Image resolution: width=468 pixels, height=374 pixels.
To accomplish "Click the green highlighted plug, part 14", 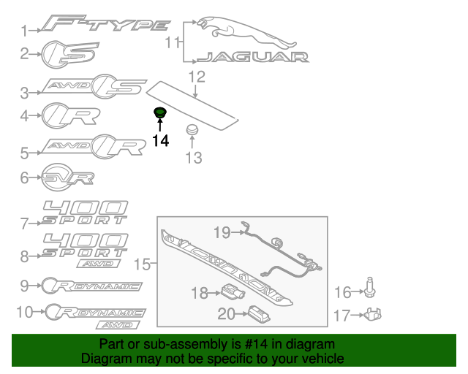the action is (159, 112).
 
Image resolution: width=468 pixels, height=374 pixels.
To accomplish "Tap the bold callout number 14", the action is (161, 140).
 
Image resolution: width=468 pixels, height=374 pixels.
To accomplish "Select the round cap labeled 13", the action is (192, 129).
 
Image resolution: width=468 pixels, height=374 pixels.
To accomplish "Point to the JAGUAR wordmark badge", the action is (252, 57).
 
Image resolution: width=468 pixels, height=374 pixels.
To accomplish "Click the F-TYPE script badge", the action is (106, 23).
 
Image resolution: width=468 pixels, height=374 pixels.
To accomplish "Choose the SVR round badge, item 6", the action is (67, 178).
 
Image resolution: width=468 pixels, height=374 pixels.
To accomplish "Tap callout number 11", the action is (173, 42).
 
